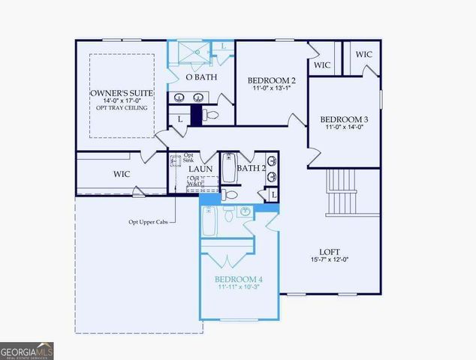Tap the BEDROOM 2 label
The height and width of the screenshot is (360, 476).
pos(271,80)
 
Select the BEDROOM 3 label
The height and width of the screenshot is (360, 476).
pos(344,119)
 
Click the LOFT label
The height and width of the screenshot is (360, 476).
pos(331,252)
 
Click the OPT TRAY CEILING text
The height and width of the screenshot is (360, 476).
pos(121,108)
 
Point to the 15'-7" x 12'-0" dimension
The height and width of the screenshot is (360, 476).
pos(331,260)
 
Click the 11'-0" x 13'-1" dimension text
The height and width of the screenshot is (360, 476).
pos(271,88)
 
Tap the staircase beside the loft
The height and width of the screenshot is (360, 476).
pos(342,192)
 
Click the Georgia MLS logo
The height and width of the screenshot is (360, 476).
pos(26,350)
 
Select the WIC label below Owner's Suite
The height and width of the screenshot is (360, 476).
pos(122,174)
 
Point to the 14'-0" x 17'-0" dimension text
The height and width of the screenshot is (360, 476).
pos(121,100)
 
